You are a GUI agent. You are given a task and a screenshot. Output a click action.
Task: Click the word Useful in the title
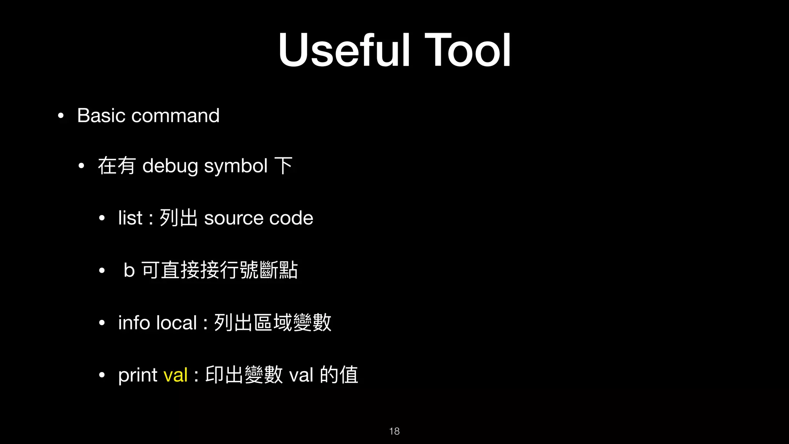pyautogui.click(x=344, y=50)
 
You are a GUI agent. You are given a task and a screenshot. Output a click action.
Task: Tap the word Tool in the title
pyautogui.click(x=468, y=50)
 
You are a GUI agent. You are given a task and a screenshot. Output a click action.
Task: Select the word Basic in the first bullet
pyautogui.click(x=101, y=115)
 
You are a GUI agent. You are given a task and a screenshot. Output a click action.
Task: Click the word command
pyautogui.click(x=175, y=115)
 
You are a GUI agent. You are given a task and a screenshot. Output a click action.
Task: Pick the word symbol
pyautogui.click(x=236, y=166)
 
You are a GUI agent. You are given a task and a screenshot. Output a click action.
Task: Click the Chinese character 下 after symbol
pyautogui.click(x=284, y=166)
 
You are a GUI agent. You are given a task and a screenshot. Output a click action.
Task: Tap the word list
pyautogui.click(x=130, y=218)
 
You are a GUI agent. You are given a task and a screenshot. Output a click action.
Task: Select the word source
pyautogui.click(x=233, y=218)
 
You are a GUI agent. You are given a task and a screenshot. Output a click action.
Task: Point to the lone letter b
pyautogui.click(x=129, y=270)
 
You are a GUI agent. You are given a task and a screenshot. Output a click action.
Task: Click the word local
pyautogui.click(x=176, y=323)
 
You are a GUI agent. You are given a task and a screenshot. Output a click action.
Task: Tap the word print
pyautogui.click(x=138, y=375)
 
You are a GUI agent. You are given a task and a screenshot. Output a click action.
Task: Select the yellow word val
pyautogui.click(x=176, y=375)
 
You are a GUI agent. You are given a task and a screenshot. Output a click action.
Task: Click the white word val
pyautogui.click(x=301, y=375)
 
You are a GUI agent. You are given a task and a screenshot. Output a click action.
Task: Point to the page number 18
pyautogui.click(x=394, y=431)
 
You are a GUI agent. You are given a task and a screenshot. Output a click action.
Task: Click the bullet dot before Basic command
pyautogui.click(x=60, y=116)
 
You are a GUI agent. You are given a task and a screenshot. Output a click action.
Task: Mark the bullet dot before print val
pyautogui.click(x=102, y=375)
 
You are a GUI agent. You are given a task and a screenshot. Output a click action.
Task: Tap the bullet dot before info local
pyautogui.click(x=102, y=323)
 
